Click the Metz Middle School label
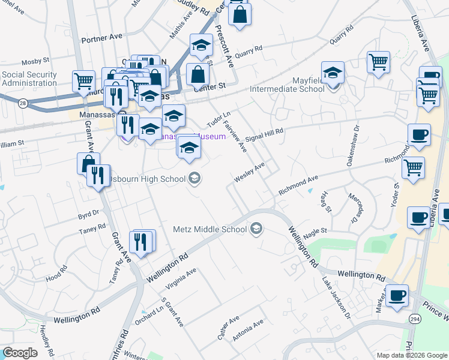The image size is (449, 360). pos(209,229)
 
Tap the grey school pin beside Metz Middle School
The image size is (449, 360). pos(256,229)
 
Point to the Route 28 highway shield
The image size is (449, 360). pos(22,104)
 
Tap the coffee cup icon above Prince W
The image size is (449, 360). pos(397,296)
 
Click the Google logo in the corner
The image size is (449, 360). pos(20,353)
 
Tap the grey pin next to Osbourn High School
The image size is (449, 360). pos(194,178)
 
